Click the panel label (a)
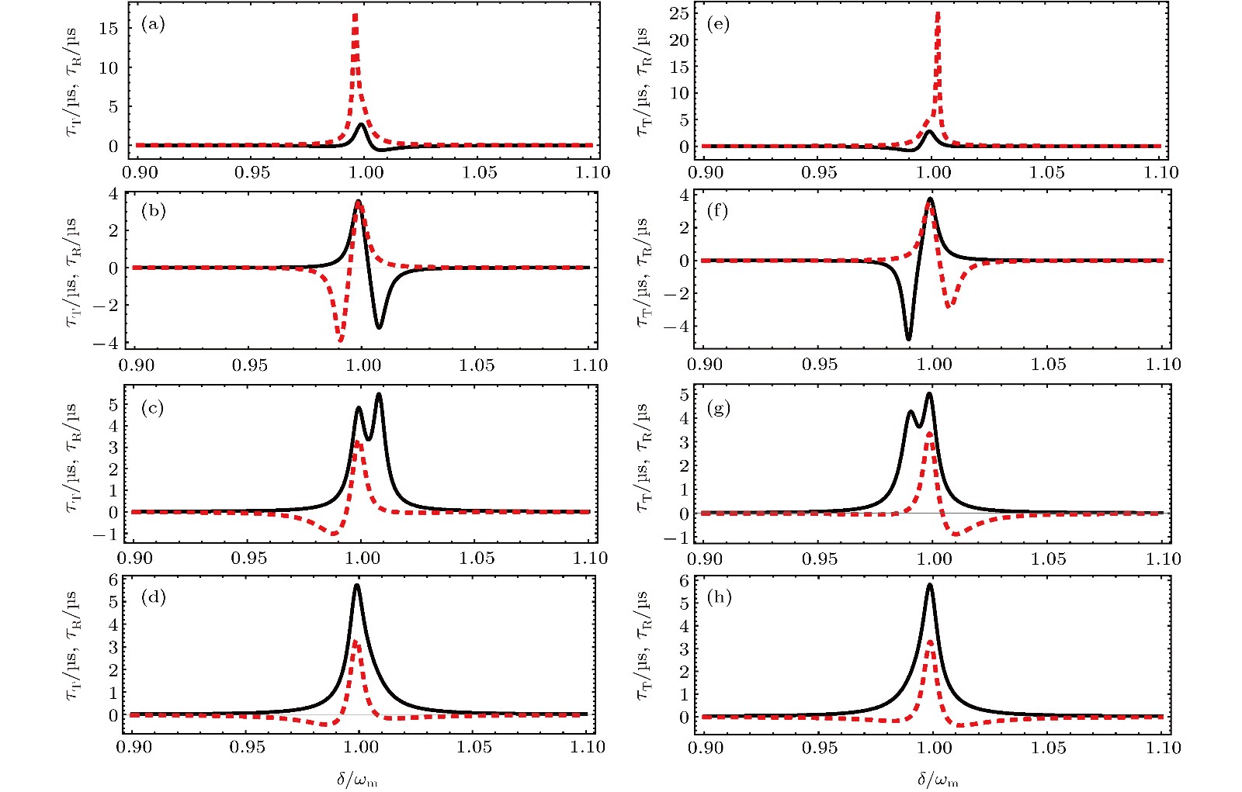(153, 24)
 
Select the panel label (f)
(718, 211)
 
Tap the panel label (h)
(720, 598)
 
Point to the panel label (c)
(152, 408)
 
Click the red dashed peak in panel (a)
(355, 16)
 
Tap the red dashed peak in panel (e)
(938, 14)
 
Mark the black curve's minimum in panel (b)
(379, 327)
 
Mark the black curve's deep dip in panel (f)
(908, 338)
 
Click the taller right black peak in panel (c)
(379, 395)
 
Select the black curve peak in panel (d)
(356, 586)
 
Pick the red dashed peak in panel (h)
(930, 642)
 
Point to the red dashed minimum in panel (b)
(339, 339)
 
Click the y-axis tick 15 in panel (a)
(108, 29)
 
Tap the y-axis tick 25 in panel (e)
(679, 13)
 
